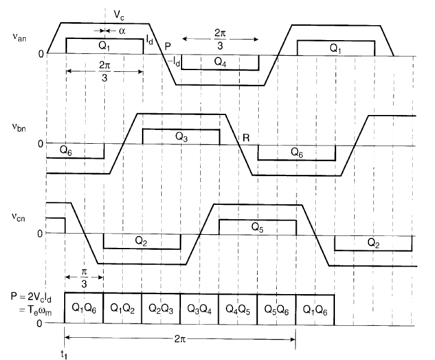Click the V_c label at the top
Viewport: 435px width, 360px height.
click(x=119, y=15)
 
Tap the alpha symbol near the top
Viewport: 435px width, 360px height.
click(x=122, y=31)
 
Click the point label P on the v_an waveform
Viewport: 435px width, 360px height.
click(x=168, y=46)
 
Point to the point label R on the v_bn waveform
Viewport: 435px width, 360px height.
click(x=246, y=138)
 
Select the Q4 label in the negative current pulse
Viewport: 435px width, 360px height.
click(x=220, y=62)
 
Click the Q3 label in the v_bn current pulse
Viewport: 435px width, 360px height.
click(x=182, y=137)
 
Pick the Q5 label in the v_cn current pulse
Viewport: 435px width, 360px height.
click(x=257, y=228)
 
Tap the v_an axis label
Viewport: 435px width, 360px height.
click(x=19, y=37)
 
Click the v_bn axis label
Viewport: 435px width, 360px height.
click(x=19, y=128)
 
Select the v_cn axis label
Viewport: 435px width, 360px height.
click(x=19, y=217)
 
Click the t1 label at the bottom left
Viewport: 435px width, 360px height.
click(x=64, y=355)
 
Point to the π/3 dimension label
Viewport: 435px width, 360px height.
click(x=84, y=277)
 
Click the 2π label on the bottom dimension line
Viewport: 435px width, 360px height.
click(x=180, y=339)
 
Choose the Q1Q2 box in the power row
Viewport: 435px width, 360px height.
click(x=122, y=308)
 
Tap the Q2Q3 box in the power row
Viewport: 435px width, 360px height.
click(x=161, y=308)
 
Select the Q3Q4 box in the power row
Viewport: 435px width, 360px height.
click(x=200, y=308)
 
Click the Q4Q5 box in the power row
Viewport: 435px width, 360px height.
click(x=238, y=309)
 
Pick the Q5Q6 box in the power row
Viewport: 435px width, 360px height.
click(x=276, y=309)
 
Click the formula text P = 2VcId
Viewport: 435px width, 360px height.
click(x=31, y=297)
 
